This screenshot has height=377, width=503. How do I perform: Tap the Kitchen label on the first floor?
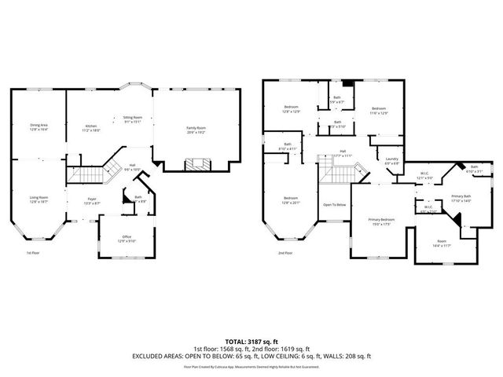(91, 127)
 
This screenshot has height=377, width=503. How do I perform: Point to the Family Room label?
(196, 129)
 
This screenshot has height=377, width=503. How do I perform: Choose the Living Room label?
(39, 199)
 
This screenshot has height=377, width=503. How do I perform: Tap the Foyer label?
(91, 201)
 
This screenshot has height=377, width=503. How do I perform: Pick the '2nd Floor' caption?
(284, 253)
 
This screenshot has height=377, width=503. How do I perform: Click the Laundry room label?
(391, 161)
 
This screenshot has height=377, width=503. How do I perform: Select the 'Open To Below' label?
(334, 205)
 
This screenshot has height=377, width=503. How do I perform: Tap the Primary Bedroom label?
(382, 221)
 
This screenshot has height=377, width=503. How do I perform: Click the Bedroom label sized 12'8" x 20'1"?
(291, 199)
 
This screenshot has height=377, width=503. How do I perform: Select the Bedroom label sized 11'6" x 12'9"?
(379, 111)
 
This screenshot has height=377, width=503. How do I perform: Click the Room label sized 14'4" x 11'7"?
(441, 243)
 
